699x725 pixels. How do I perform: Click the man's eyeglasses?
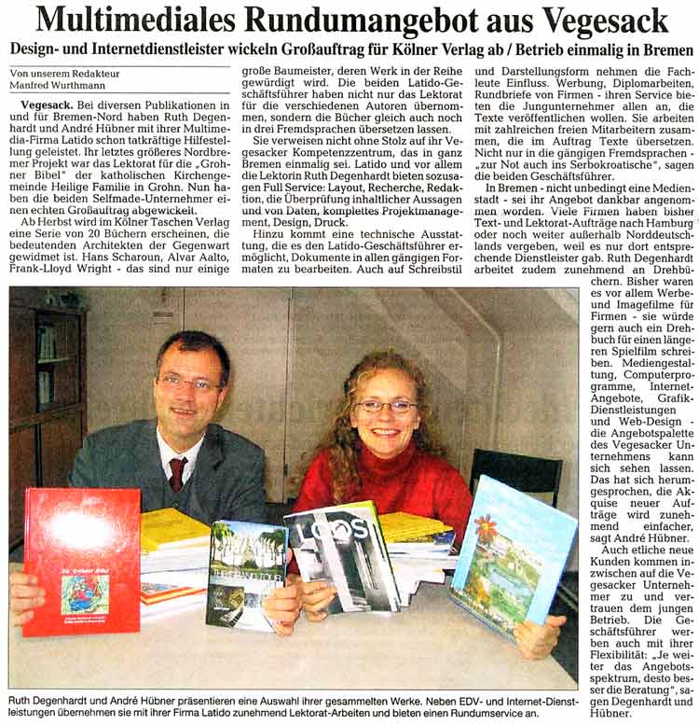coord(188,383)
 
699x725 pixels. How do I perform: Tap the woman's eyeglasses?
coord(384,406)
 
